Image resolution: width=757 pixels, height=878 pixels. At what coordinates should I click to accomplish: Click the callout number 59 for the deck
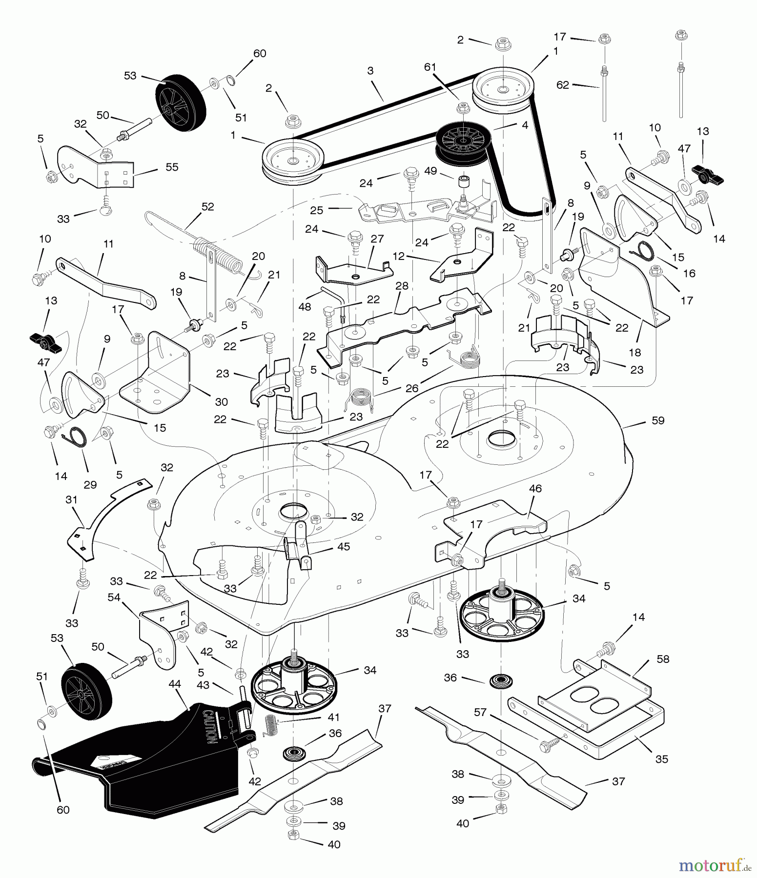[658, 420]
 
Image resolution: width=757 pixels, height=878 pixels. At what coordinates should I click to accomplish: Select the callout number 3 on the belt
[370, 71]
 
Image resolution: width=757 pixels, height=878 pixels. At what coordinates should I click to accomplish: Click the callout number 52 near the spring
[208, 207]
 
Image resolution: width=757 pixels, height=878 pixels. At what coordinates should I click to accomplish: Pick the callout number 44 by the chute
[175, 684]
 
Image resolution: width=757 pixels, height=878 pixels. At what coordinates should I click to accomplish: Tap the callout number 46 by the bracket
[535, 488]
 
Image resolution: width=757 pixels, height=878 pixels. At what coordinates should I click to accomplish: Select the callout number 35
[662, 759]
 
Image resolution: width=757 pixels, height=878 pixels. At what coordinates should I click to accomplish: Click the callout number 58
[663, 659]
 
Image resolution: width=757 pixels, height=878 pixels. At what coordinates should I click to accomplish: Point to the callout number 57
[480, 713]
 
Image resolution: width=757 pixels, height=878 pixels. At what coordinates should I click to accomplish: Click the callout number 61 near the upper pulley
[430, 67]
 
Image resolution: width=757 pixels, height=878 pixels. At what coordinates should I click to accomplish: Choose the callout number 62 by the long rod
[563, 85]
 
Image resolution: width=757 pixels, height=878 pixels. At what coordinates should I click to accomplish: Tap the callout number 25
[317, 210]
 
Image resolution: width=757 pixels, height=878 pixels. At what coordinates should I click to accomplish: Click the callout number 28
[402, 286]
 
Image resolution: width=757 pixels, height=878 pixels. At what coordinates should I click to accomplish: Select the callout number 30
[222, 402]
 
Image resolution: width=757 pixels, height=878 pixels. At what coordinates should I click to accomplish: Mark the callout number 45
[344, 546]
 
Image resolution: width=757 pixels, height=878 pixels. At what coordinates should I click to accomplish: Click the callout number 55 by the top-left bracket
[172, 167]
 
